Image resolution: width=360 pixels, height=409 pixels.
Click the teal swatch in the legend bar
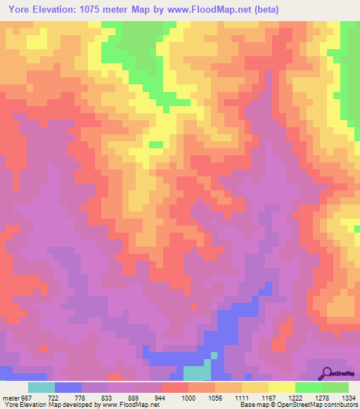[41, 387]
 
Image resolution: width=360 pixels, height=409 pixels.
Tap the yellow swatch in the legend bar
[282, 387]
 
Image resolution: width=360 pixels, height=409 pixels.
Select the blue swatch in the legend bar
[68, 387]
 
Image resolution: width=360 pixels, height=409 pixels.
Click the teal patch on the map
[196, 373]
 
